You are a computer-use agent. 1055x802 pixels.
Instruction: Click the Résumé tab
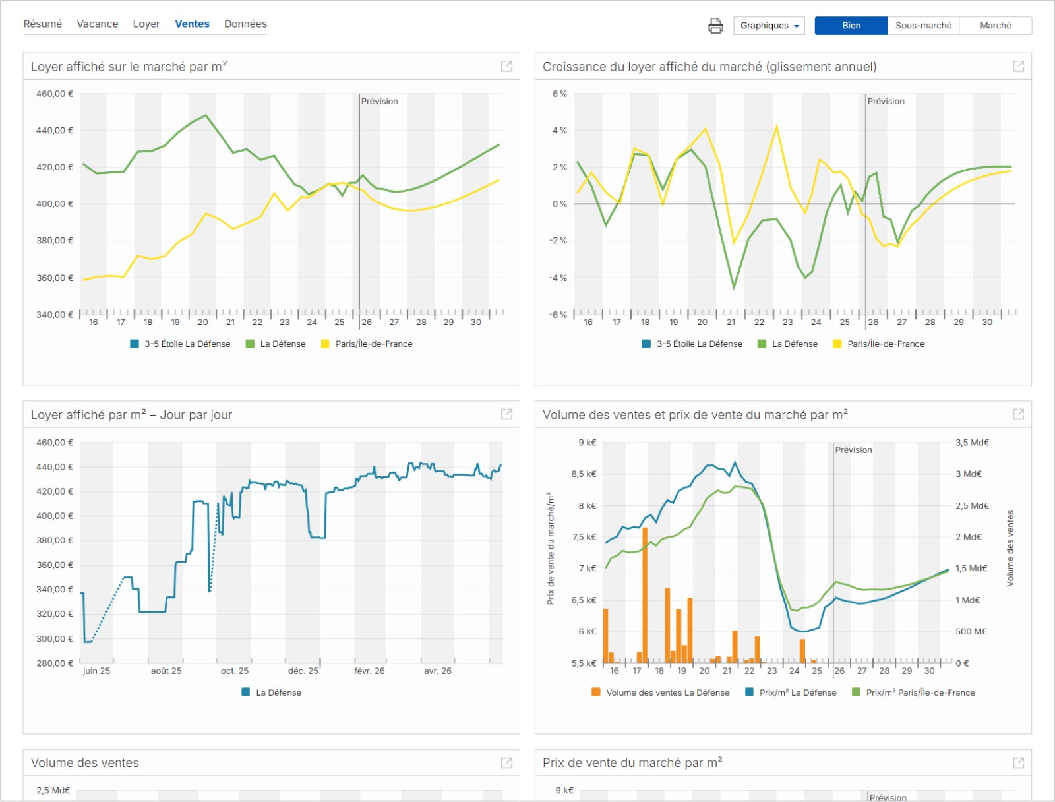(43, 24)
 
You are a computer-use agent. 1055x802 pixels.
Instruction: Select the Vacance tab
(98, 24)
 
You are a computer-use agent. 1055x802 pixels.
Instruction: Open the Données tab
(245, 24)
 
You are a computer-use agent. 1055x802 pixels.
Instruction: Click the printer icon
(715, 26)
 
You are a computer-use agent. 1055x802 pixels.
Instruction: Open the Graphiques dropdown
(769, 26)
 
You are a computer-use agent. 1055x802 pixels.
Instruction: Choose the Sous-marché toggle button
(923, 26)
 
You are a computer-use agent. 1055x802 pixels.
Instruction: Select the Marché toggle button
(996, 26)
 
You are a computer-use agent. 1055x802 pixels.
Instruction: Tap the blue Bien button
(851, 26)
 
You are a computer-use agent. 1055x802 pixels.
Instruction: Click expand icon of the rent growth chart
(1018, 67)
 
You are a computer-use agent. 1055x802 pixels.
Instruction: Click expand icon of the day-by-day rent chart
(506, 414)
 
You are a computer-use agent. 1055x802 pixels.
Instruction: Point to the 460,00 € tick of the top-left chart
(55, 94)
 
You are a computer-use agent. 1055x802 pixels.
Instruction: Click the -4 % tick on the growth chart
(558, 278)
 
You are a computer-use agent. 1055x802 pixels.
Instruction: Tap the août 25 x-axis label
(166, 671)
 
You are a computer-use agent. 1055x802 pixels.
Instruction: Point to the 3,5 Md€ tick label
(972, 443)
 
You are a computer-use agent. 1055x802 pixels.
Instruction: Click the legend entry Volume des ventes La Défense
(661, 693)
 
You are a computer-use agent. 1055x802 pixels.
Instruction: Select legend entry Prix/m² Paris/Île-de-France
(913, 693)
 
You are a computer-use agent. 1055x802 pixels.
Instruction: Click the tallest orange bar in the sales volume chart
(645, 596)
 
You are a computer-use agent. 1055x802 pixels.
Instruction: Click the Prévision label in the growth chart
(886, 102)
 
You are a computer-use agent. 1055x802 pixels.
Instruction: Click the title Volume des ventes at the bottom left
(85, 762)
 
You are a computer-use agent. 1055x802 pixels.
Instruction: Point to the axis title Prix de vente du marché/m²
(551, 548)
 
